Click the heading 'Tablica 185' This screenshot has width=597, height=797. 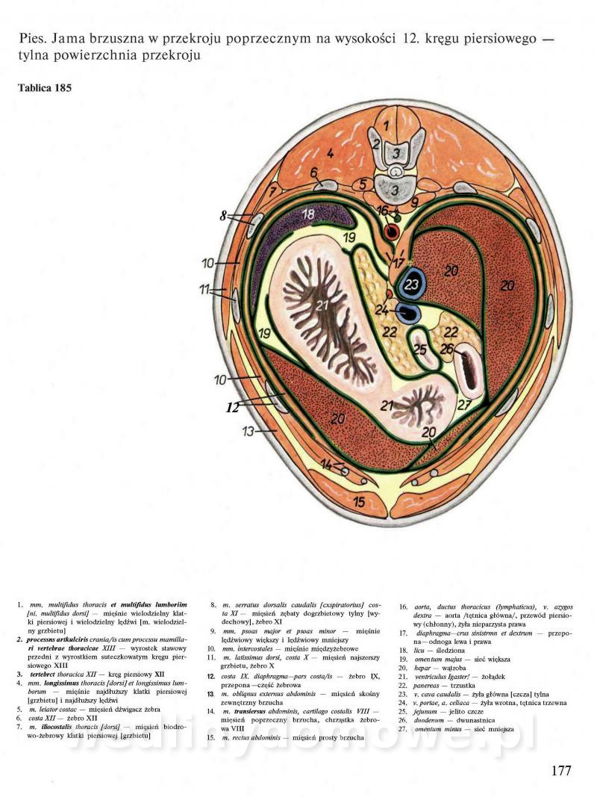pyautogui.click(x=44, y=88)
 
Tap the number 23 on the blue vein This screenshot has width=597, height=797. pyautogui.click(x=412, y=284)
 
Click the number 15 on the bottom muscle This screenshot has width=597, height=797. pyautogui.click(x=359, y=502)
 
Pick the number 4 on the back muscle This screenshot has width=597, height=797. pyautogui.click(x=329, y=154)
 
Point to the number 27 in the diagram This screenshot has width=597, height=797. pyautogui.click(x=465, y=406)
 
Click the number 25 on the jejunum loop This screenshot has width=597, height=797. pyautogui.click(x=420, y=350)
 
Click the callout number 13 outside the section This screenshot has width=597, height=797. pyautogui.click(x=248, y=431)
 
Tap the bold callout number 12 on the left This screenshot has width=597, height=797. pyautogui.click(x=233, y=408)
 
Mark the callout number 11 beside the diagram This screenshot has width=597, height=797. pyautogui.click(x=206, y=290)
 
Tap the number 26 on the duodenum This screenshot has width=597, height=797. pyautogui.click(x=446, y=348)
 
